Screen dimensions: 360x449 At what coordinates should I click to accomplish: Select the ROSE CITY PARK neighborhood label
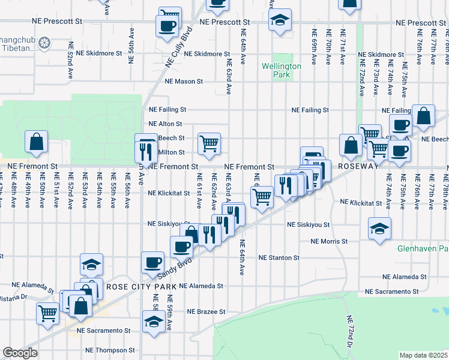pos(140,287)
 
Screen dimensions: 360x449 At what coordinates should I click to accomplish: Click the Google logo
pos(20,353)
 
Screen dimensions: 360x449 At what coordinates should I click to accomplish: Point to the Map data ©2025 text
pos(423,355)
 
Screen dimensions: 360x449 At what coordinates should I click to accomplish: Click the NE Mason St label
pos(184,81)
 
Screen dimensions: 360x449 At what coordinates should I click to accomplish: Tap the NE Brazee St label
pos(206,312)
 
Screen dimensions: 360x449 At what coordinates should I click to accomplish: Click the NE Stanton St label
pos(279,257)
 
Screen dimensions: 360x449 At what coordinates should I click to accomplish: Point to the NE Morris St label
pos(330,241)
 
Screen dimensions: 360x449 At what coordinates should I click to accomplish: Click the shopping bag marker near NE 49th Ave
pos(37,142)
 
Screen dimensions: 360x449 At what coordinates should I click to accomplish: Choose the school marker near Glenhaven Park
pos(379,229)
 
